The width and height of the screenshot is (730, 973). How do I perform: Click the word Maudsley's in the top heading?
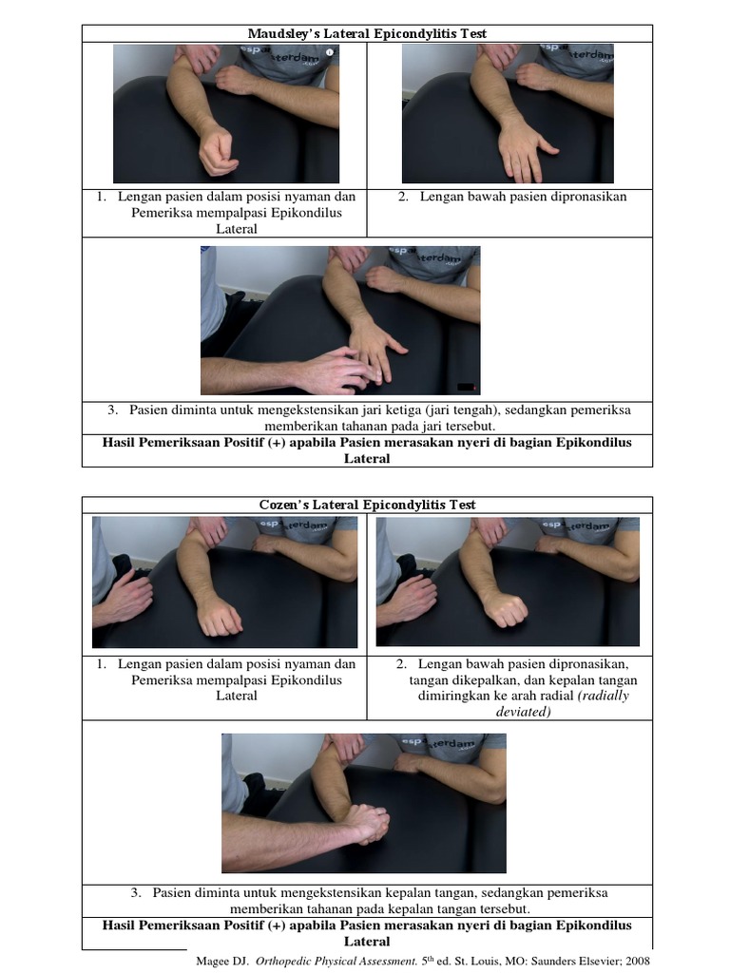coord(284,33)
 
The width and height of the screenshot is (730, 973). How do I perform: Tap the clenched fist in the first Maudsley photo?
coord(218,152)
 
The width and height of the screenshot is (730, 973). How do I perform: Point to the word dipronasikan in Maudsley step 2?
coord(577,197)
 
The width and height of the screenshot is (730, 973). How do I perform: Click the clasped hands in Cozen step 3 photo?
coord(364,822)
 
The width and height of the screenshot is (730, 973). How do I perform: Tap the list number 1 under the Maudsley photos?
coord(100,197)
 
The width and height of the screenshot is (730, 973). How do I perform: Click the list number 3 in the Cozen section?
coord(136,893)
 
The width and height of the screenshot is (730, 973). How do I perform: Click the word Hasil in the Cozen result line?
coord(121,925)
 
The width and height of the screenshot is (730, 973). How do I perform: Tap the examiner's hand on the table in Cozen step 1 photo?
coord(124,598)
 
